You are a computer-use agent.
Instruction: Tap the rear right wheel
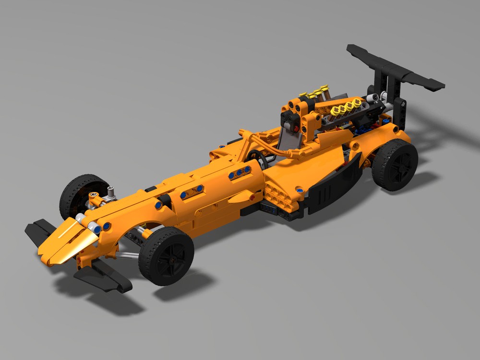pyautogui.click(x=395, y=164)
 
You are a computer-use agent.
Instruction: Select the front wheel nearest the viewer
pyautogui.click(x=166, y=256)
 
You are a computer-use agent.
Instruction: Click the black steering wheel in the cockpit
pyautogui.click(x=257, y=159)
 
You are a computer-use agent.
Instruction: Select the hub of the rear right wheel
pyautogui.click(x=399, y=166)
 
